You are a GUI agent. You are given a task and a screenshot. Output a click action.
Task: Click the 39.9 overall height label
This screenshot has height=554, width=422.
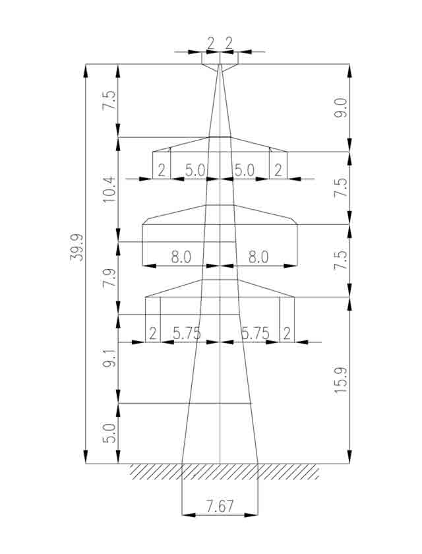click(76, 247)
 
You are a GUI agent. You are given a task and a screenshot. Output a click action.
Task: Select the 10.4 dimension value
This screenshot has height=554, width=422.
click(109, 189)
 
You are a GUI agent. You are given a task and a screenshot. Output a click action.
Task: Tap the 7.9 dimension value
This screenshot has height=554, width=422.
click(109, 278)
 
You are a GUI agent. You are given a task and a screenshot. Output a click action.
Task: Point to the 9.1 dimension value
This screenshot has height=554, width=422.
click(109, 359)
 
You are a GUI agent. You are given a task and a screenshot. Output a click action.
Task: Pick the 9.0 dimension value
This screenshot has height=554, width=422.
click(342, 108)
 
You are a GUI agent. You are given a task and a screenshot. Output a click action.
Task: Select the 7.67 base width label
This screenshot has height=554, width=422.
click(220, 507)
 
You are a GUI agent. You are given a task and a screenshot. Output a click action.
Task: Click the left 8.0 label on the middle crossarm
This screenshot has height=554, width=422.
click(181, 257)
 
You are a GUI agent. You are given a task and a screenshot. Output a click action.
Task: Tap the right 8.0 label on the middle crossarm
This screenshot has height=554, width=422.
click(258, 257)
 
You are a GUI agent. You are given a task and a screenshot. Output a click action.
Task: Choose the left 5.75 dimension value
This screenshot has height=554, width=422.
click(187, 333)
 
